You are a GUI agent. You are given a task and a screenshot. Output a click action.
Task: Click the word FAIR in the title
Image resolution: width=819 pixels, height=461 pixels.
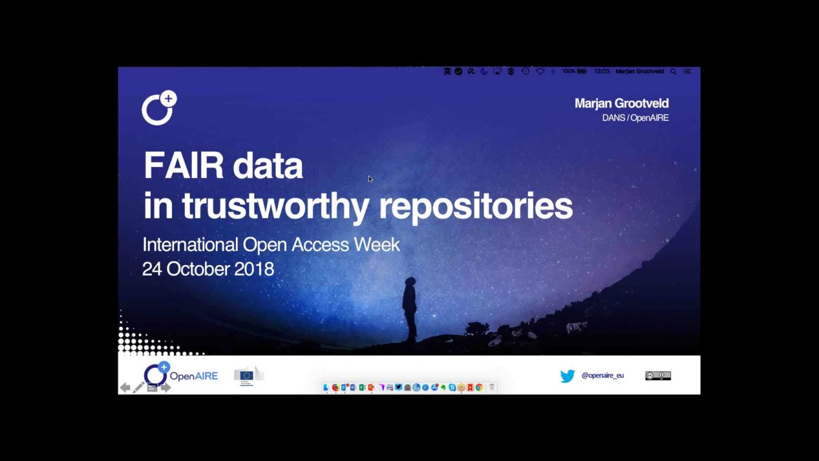[184, 166]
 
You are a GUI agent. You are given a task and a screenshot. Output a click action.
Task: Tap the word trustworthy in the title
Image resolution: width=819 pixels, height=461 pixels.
[275, 207]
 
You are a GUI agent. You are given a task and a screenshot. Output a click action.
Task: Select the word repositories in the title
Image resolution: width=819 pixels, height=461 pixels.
[475, 207]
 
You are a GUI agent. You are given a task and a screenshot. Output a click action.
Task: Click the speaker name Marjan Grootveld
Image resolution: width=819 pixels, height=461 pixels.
[621, 103]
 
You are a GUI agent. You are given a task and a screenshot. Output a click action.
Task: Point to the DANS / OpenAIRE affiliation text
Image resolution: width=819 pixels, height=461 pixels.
[635, 118]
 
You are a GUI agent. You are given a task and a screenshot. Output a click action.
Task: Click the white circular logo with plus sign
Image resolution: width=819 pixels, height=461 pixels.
[159, 108]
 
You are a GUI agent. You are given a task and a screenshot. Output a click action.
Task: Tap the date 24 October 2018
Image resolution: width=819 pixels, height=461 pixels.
[208, 269]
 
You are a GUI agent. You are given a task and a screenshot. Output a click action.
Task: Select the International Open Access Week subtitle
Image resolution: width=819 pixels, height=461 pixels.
[271, 245]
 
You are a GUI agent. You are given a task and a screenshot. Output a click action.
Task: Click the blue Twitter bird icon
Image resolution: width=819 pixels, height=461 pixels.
[568, 376]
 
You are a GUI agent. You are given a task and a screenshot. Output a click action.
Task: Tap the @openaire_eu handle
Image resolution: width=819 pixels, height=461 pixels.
[602, 376]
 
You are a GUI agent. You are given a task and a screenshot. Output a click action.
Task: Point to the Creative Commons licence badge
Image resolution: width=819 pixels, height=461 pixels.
[658, 376]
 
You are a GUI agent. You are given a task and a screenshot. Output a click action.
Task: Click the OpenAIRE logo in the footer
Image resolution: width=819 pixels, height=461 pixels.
[180, 375]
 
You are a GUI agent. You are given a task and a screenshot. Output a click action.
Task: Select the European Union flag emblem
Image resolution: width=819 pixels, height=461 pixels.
[246, 376]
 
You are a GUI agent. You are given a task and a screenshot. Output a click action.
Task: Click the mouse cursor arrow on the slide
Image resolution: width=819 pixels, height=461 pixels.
[370, 179]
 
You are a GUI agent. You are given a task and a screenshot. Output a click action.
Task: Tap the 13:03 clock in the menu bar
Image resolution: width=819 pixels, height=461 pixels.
[601, 72]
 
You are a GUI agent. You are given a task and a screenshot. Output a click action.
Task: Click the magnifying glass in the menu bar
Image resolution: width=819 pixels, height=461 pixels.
[673, 72]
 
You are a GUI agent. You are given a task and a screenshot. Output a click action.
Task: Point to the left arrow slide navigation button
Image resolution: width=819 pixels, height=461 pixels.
[125, 387]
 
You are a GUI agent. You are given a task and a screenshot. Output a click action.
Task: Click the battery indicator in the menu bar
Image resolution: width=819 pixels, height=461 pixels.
[582, 72]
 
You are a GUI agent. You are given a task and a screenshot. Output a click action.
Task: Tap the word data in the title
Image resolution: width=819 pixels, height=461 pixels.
[267, 166]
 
